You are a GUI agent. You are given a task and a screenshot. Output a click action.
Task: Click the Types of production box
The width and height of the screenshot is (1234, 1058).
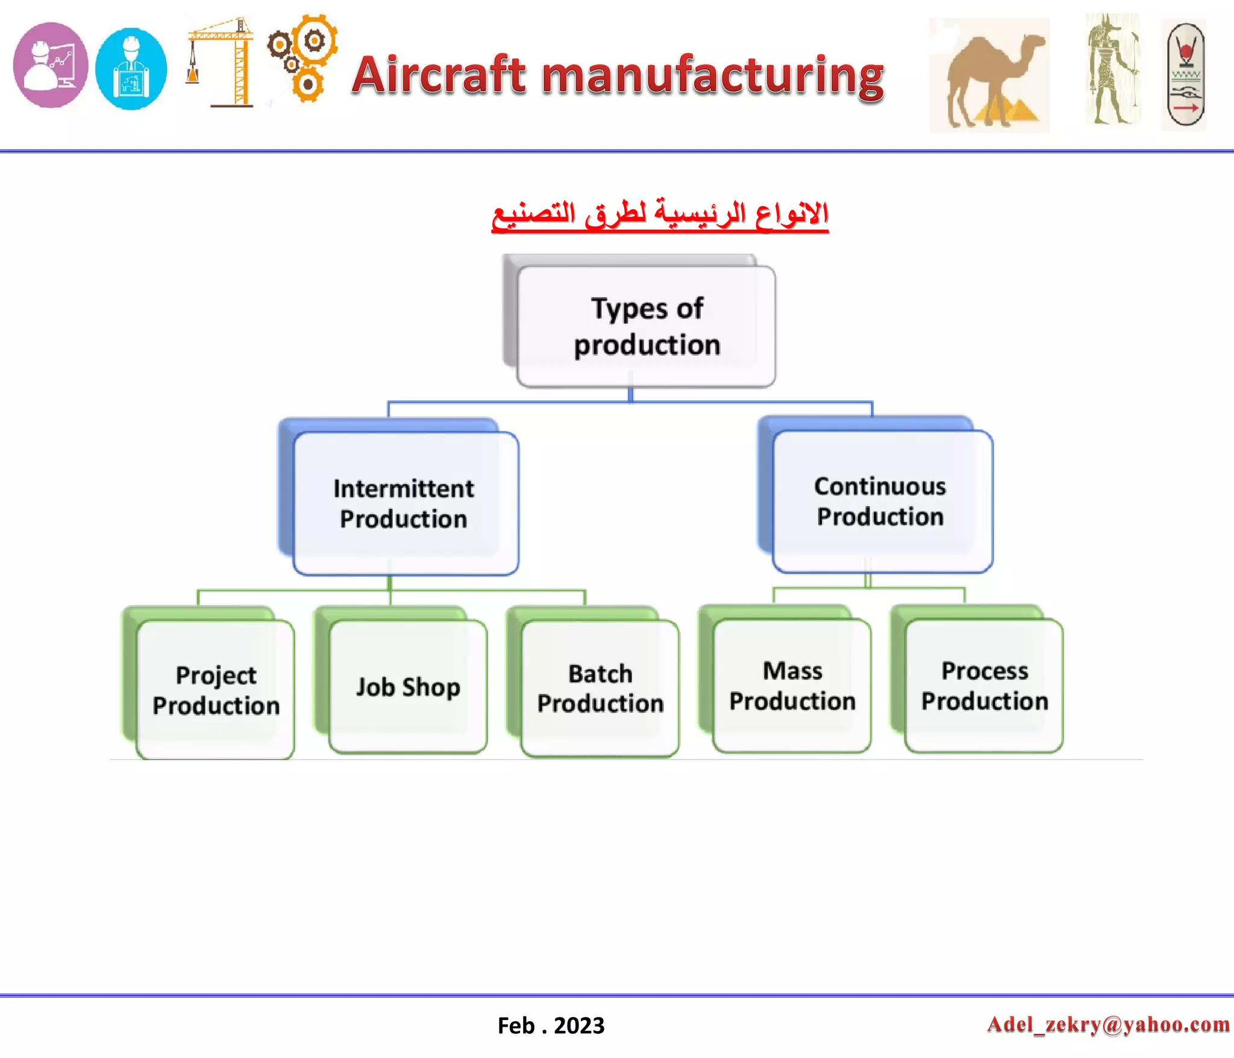point(646,326)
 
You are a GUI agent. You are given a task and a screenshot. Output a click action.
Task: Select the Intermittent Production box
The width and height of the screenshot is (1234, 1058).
point(405,503)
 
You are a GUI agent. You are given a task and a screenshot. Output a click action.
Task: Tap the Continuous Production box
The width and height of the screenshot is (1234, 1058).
point(882,501)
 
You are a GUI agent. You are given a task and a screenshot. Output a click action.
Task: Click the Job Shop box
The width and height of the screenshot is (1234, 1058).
point(408,687)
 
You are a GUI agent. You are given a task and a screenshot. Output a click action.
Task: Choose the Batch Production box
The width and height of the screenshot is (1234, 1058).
point(600,688)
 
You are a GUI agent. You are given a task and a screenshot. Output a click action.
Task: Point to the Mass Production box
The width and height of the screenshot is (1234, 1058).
point(792,685)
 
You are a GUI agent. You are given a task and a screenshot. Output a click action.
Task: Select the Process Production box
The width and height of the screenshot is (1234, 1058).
point(984,685)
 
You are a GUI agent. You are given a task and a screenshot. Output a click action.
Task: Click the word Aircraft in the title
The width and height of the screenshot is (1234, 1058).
point(440,75)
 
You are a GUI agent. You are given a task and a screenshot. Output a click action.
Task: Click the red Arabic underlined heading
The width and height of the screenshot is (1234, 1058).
point(660,215)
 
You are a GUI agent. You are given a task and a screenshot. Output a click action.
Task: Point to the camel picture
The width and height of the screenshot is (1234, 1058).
point(989,75)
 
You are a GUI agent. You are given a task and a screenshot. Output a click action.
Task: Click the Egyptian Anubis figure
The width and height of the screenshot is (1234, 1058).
point(1112,69)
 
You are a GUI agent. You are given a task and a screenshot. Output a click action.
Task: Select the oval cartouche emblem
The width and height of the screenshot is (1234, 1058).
point(1185,75)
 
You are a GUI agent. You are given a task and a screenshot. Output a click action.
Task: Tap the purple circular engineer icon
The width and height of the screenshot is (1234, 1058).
point(51,65)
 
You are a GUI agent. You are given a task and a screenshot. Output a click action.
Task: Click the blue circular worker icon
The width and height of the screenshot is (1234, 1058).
point(131,69)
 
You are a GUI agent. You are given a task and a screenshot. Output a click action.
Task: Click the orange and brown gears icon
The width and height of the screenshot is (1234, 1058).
point(303,58)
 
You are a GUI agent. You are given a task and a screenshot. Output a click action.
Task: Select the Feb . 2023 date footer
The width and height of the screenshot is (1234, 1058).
point(551,1025)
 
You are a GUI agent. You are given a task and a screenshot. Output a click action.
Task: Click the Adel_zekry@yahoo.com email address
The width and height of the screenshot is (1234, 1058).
point(1108,1024)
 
